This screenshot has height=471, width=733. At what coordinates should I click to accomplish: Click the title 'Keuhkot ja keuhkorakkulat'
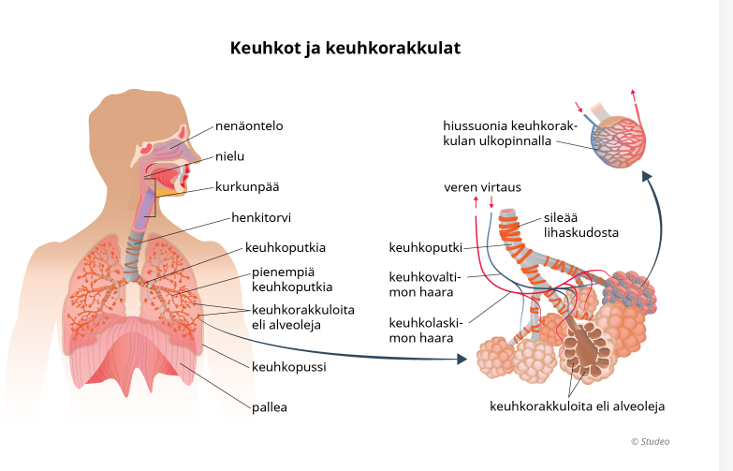tap(345, 48)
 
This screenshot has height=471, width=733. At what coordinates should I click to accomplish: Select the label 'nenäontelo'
tap(248, 125)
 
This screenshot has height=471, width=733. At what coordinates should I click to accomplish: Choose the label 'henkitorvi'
tap(261, 218)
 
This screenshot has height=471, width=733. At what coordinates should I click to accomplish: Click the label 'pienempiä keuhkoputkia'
tap(292, 279)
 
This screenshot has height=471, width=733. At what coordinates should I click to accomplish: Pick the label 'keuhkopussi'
tap(288, 366)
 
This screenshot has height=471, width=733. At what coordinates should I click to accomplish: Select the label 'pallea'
tap(269, 407)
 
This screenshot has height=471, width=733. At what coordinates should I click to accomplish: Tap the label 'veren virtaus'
tap(482, 187)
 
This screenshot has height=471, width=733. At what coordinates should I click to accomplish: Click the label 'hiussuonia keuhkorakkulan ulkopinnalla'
tap(501, 133)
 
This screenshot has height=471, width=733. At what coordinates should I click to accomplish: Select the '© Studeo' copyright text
tap(650, 441)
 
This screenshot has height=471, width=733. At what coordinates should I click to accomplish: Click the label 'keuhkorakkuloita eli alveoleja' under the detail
tap(577, 406)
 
